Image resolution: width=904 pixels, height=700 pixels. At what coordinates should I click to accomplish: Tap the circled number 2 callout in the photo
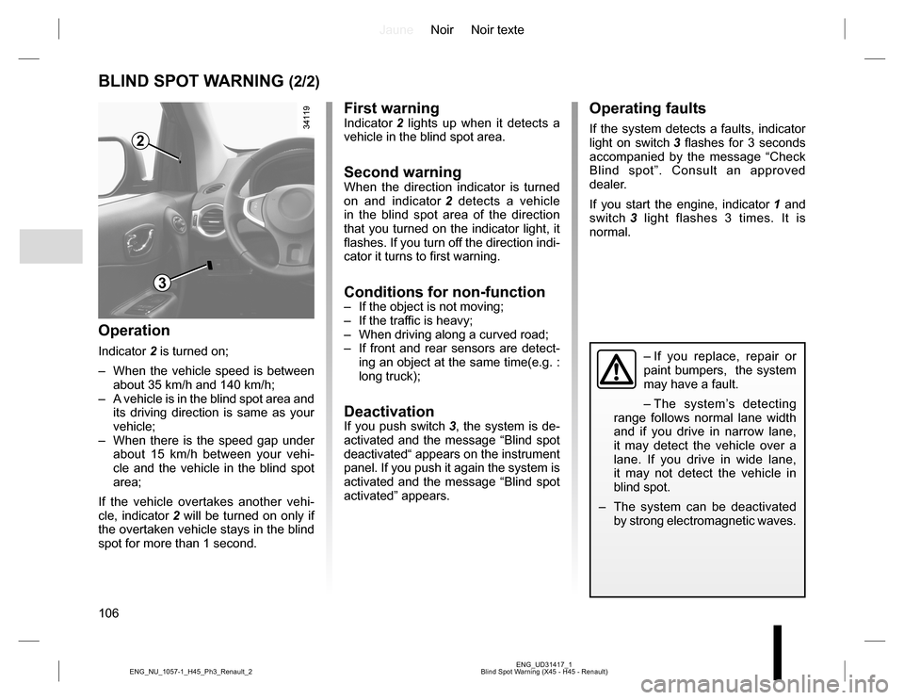140,142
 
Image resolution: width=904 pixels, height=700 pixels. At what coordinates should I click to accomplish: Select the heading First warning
392,109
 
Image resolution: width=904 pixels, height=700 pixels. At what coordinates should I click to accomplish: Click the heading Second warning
403,172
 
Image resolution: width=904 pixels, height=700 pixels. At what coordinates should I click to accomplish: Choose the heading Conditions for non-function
444,292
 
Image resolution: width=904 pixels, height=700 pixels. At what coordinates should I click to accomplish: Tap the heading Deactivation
389,412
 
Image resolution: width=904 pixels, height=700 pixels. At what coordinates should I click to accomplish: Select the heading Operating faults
647,109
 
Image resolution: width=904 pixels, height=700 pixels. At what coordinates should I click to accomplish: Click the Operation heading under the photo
134,331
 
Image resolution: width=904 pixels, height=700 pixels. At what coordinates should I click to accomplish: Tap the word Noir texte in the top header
497,30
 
